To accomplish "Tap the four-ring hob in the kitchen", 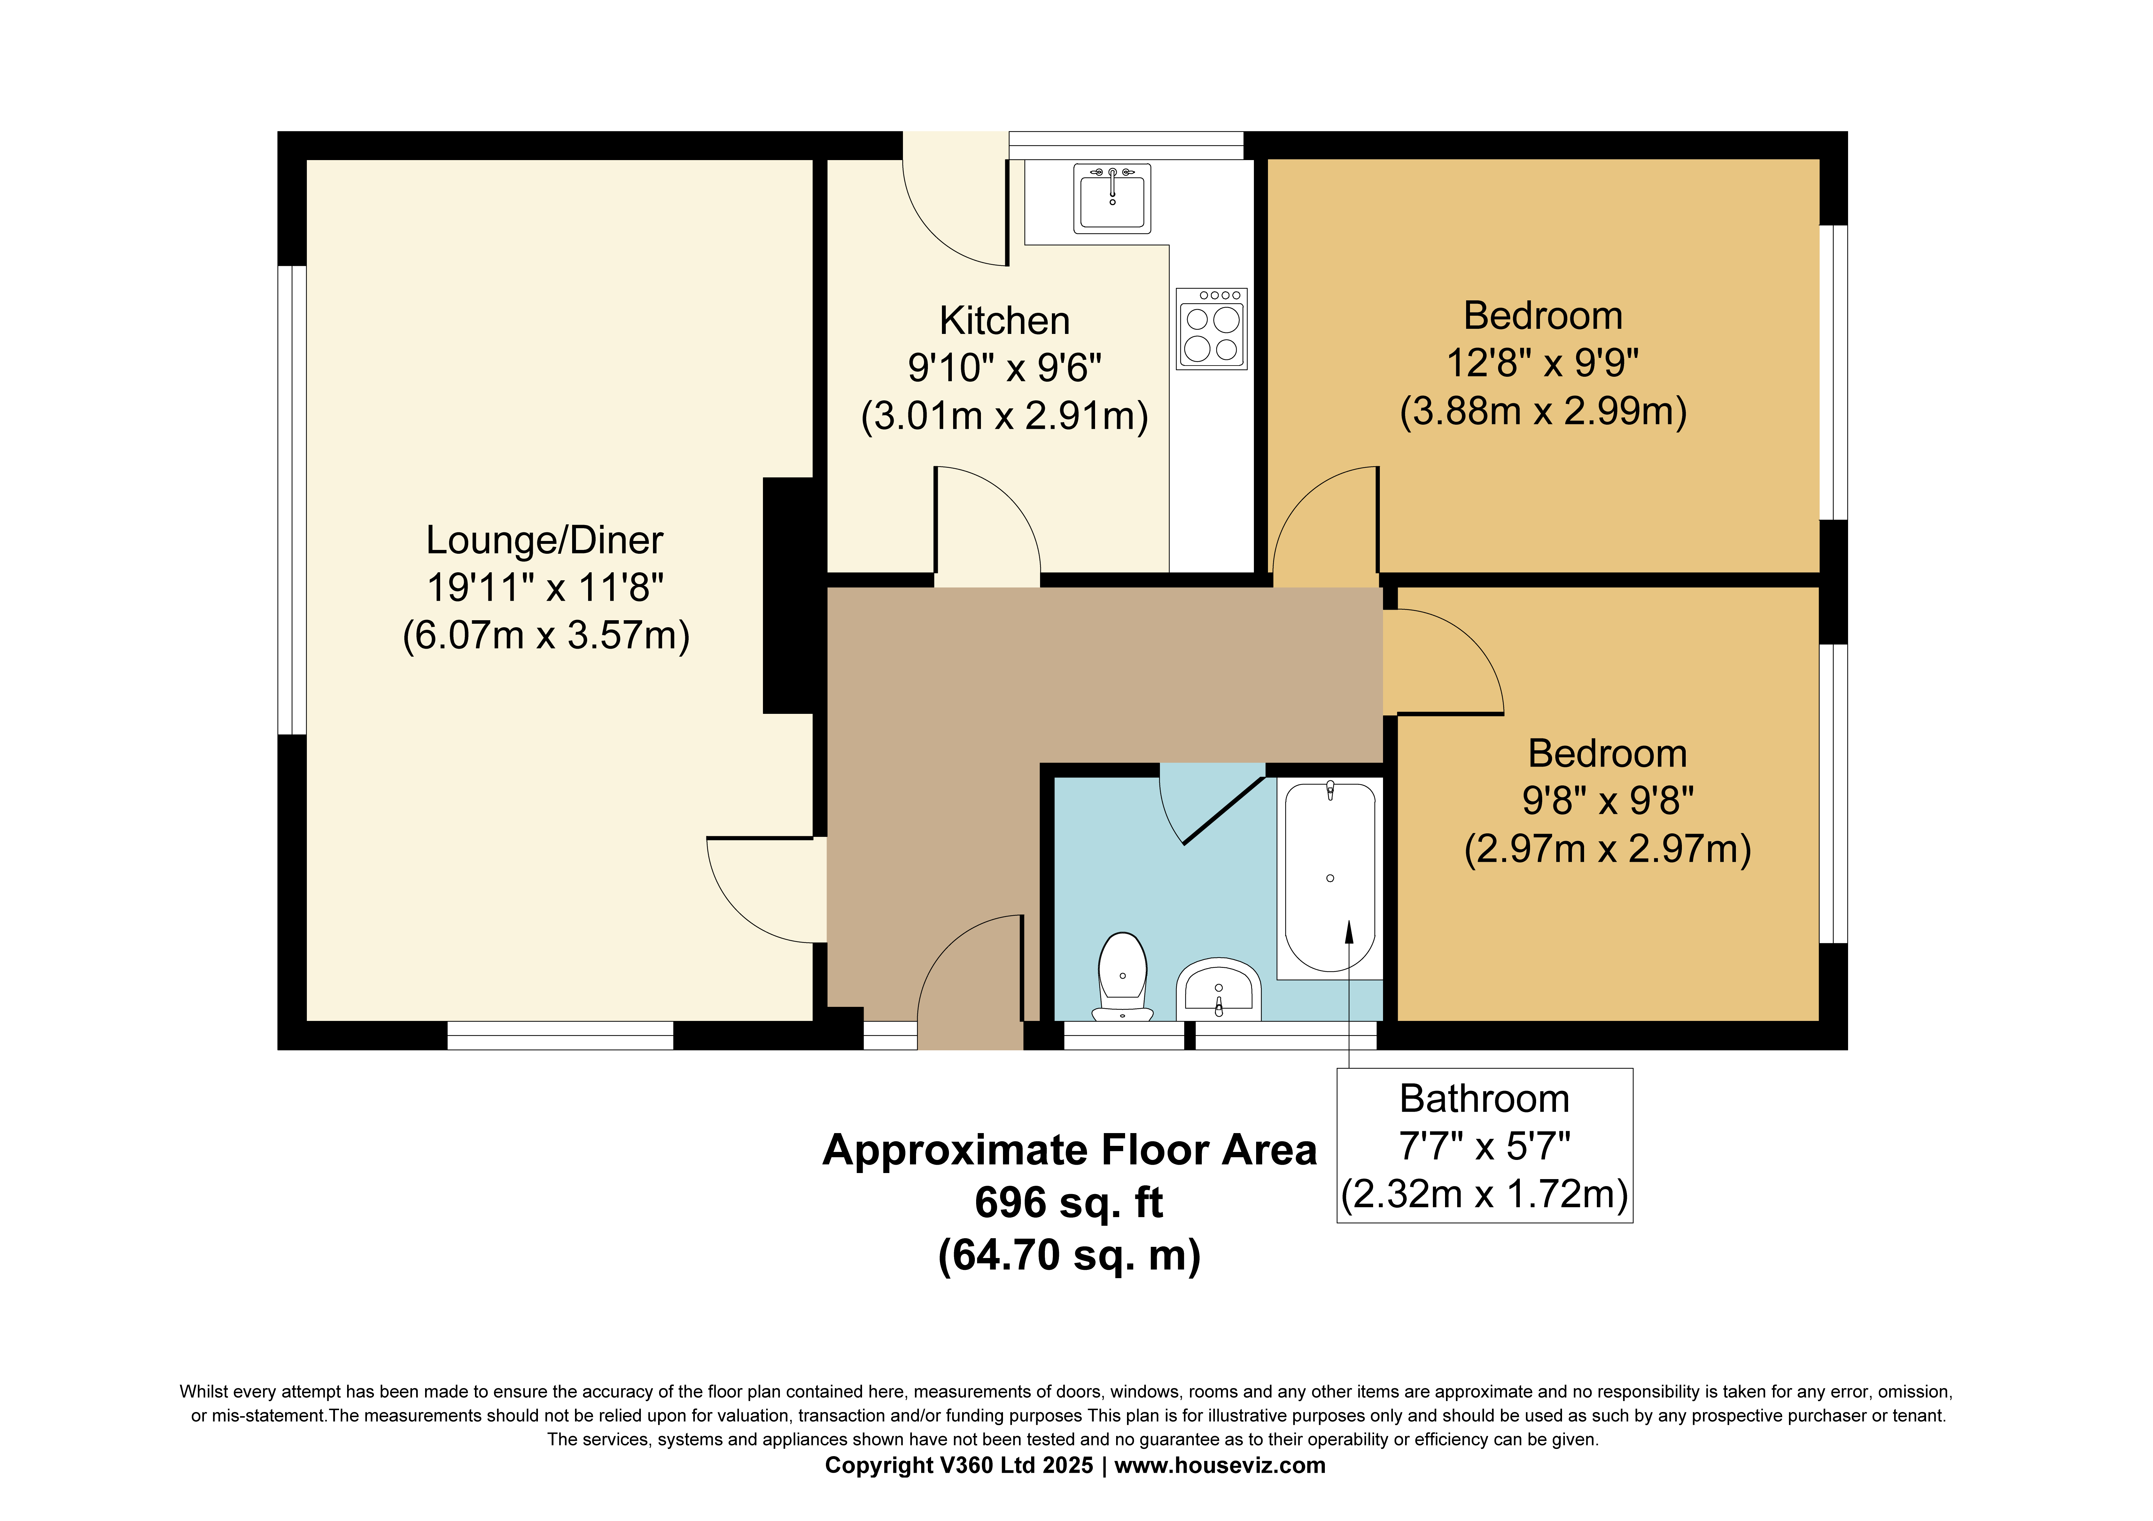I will coord(1211,329).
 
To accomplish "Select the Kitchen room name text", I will coord(1004,321).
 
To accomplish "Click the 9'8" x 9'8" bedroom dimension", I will coord(1607,801).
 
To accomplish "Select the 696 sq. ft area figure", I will coord(1069,1202).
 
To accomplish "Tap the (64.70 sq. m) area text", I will coord(1069,1255).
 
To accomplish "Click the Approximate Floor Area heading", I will coord(1069,1150).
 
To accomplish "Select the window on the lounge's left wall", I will coord(291,500).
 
